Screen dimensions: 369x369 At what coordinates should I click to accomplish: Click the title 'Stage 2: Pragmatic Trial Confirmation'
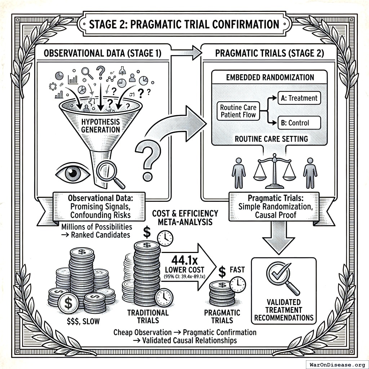184,25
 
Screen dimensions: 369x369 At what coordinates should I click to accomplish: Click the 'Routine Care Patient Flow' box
238,111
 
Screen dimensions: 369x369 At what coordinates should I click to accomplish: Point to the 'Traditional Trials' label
148,316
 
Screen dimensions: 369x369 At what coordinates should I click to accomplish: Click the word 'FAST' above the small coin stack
237,270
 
